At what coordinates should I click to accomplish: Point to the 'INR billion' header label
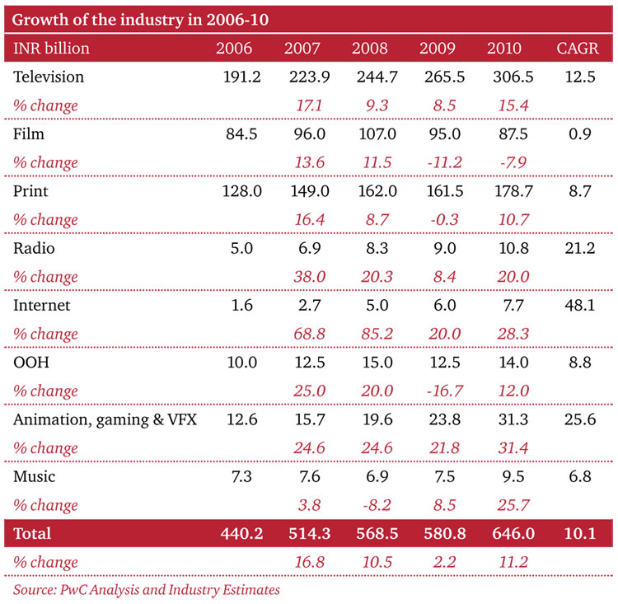coord(52,48)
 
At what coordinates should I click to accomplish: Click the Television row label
coord(49,77)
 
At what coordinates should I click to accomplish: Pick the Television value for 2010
coord(506,77)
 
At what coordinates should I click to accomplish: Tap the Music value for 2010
coord(506,476)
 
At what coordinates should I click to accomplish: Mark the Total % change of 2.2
coord(436,562)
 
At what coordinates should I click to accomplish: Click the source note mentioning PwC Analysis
coord(147,589)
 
